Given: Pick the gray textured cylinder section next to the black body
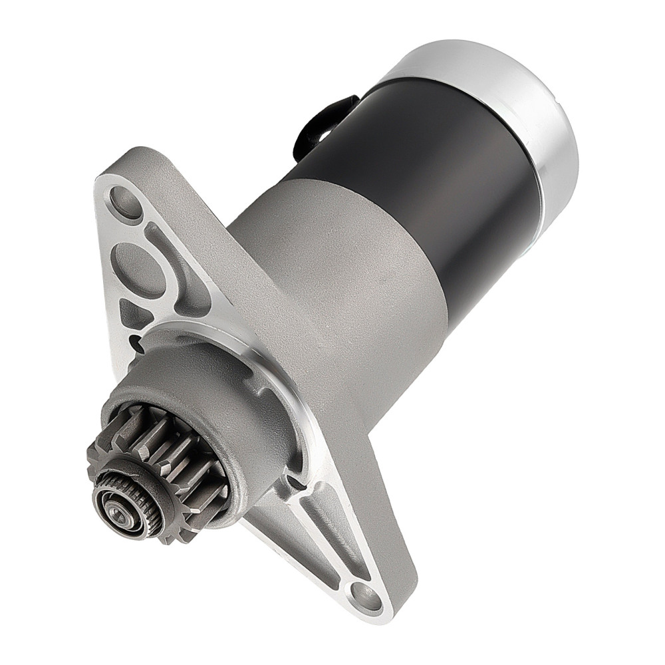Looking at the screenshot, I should [x=332, y=279].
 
